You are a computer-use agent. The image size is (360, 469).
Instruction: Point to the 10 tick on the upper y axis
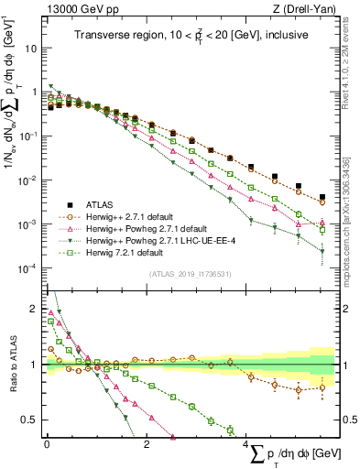[32, 48]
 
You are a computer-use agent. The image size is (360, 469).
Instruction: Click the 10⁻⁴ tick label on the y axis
[29, 267]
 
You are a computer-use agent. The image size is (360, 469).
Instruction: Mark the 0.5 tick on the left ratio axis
[30, 420]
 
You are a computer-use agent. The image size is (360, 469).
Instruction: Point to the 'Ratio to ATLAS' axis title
[11, 364]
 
